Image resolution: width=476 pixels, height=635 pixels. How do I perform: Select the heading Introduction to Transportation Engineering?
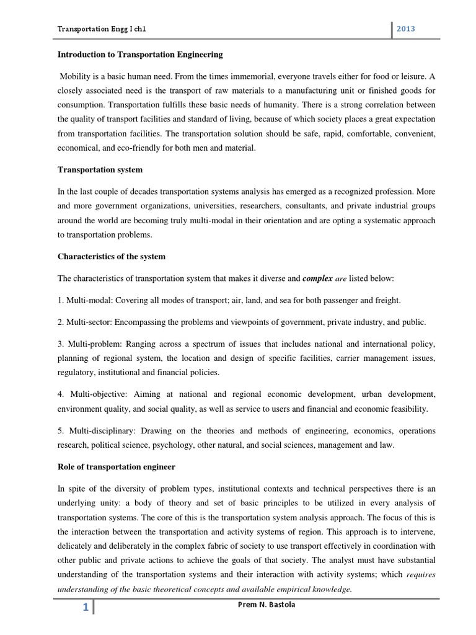click(x=140, y=55)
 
